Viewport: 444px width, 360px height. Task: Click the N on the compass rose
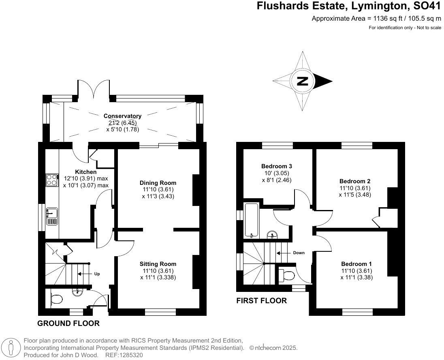tap(302, 81)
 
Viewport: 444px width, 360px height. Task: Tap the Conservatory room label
tap(122, 116)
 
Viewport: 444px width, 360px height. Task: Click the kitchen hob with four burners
tap(52, 180)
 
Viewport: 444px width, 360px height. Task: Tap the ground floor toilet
tap(56, 299)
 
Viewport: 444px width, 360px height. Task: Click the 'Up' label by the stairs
tap(97, 274)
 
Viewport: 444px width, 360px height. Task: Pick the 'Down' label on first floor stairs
tap(299, 253)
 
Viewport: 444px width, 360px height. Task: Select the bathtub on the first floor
tap(251, 221)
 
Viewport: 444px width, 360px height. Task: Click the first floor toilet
tap(287, 276)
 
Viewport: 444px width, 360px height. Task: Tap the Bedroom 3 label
tap(277, 166)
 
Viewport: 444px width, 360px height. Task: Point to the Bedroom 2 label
tap(355, 181)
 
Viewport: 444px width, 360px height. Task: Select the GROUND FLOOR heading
tap(68, 324)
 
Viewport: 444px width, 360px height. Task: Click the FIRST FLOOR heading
tap(262, 301)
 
